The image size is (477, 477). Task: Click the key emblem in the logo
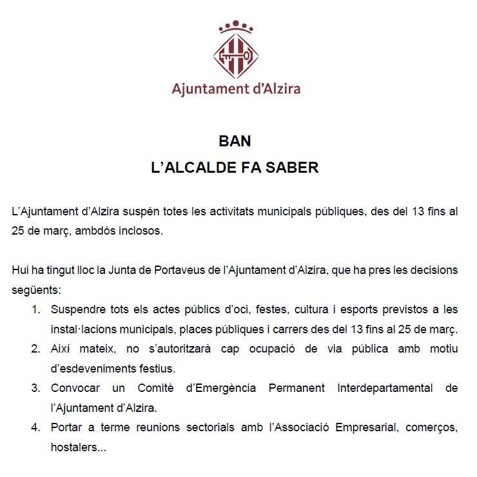(235, 56)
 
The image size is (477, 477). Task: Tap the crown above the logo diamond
(235, 26)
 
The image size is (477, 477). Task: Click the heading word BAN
(235, 142)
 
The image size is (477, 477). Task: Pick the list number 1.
(35, 309)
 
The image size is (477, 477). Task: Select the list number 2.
(35, 349)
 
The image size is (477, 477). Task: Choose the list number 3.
(35, 388)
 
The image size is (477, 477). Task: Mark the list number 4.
(35, 427)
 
